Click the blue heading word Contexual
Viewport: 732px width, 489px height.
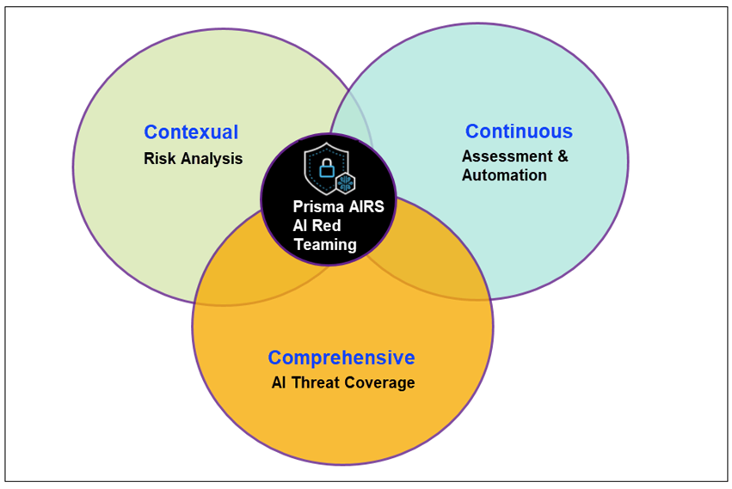pyautogui.click(x=191, y=132)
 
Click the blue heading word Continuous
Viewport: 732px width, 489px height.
pyautogui.click(x=519, y=131)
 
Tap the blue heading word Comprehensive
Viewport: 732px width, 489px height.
pyautogui.click(x=341, y=358)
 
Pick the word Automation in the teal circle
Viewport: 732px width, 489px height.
pyautogui.click(x=504, y=175)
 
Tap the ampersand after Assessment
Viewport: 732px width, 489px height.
pyautogui.click(x=562, y=156)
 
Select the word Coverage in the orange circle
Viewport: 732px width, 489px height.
pyautogui.click(x=379, y=382)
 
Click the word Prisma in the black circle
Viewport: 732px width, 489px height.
pyautogui.click(x=316, y=207)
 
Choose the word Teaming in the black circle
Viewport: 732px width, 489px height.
pyautogui.click(x=325, y=245)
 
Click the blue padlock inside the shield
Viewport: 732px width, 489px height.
pyautogui.click(x=326, y=169)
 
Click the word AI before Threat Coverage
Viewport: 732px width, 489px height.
pyautogui.click(x=279, y=382)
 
